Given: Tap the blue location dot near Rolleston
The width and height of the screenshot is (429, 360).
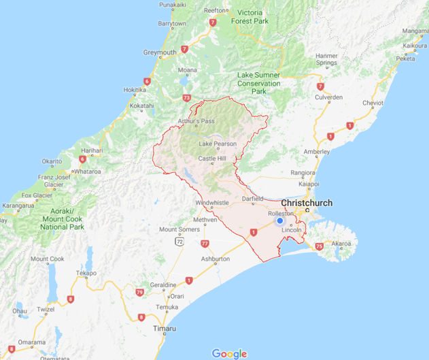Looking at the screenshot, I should point(279,221).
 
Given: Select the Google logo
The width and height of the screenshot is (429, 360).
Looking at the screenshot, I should point(229,353).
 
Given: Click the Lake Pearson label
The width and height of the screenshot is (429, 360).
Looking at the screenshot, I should point(218,144).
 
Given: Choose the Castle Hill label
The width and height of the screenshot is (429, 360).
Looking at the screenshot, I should point(211,159).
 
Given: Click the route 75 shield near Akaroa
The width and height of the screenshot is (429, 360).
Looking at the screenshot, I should point(319,246).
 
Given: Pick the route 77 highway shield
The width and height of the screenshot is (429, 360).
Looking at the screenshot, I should point(204,243).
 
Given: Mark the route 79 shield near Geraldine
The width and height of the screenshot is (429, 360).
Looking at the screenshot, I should point(140,292).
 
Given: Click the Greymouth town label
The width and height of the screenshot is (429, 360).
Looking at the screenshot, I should point(160,52).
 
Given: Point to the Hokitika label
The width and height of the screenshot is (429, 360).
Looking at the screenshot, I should point(134,89).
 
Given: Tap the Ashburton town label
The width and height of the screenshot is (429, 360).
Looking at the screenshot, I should point(216,259).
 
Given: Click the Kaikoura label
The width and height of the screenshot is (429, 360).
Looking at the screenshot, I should point(414,46).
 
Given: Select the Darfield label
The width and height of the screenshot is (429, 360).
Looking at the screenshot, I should point(252,199).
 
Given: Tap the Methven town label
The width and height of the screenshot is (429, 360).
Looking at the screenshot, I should point(205,220).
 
